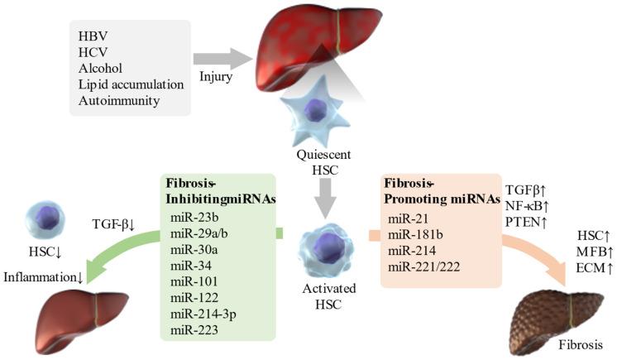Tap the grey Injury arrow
223,60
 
